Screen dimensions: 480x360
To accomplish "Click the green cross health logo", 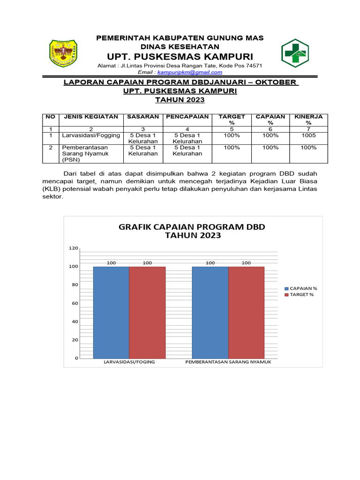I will [294, 53].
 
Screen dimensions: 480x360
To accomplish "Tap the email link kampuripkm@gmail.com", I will [190, 72].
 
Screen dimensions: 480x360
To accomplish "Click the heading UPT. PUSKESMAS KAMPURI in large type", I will [180, 56].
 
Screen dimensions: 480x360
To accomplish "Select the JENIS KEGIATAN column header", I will [91, 117].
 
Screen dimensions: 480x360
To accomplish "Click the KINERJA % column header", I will [308, 120].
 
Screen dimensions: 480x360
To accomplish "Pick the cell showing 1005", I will [308, 135].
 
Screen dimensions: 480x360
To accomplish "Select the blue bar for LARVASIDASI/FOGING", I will [111, 312].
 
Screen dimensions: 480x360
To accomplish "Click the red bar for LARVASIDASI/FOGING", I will [147, 312].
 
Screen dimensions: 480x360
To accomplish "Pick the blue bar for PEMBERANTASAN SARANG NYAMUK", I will [210, 312].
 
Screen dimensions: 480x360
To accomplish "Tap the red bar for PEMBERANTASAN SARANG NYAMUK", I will [246, 312].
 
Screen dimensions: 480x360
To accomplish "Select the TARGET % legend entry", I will [300, 294].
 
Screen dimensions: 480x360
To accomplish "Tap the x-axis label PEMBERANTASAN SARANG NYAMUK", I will [228, 362].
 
